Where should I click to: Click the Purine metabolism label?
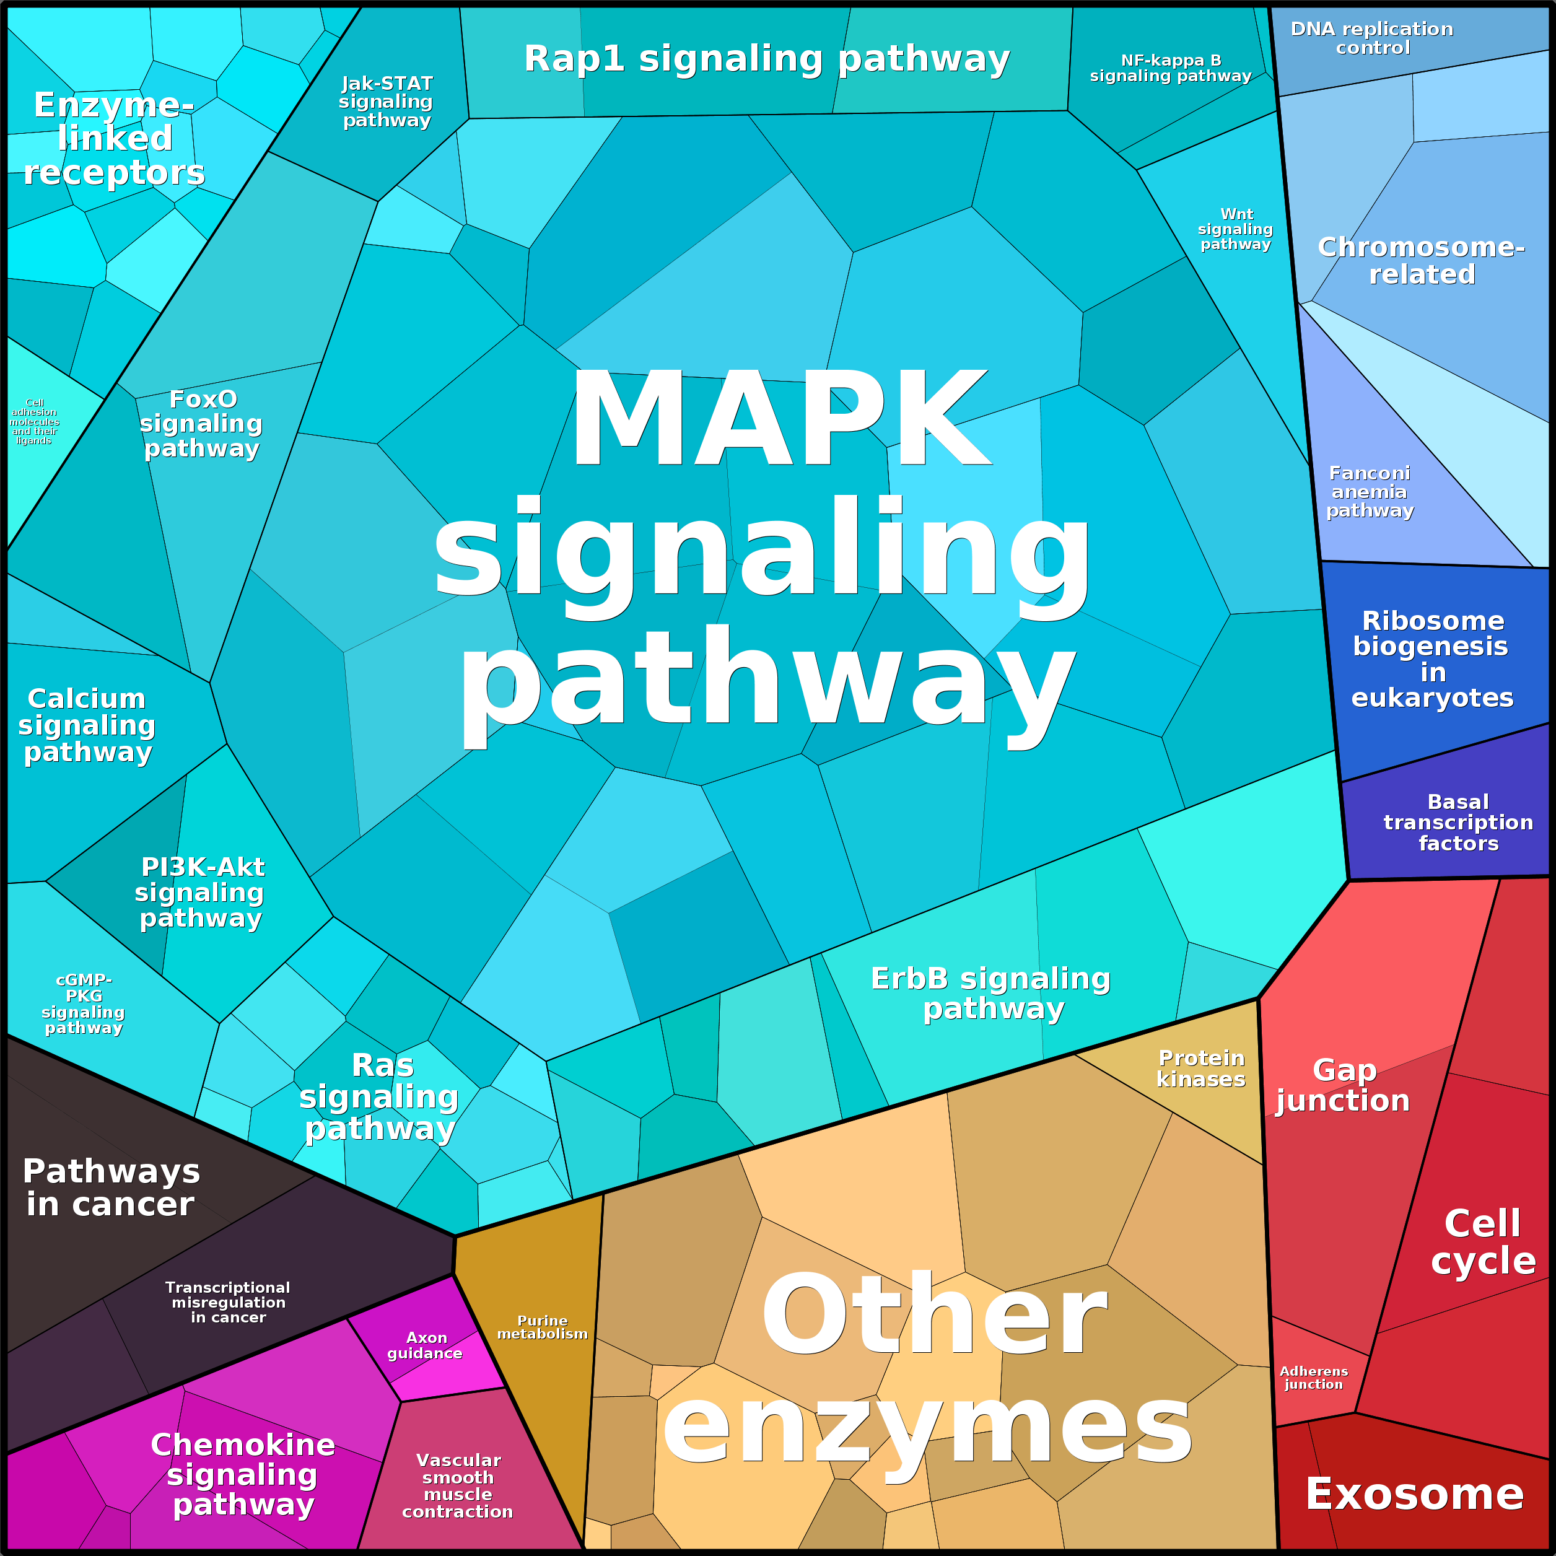542,1327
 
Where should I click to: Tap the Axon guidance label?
426,1345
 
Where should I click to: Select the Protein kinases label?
1201,1069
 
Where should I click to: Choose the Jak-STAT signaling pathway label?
387,102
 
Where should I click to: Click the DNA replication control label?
1373,38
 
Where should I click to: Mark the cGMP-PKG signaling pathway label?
84,1003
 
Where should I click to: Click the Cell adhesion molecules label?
34,421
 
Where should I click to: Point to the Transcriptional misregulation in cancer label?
228,1302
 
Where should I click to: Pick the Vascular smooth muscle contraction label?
458,1486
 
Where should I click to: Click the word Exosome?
1414,1495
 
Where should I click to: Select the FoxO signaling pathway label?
201,424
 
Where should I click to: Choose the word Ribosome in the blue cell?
1433,621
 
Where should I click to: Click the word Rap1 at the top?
574,59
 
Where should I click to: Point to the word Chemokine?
242,1445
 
